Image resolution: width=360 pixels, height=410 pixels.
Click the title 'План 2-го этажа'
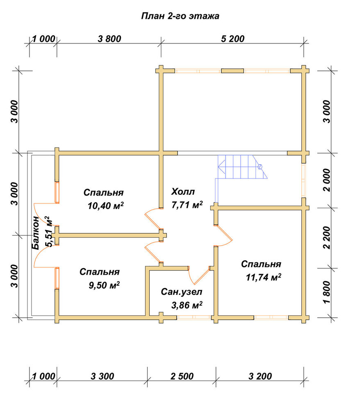(180, 16)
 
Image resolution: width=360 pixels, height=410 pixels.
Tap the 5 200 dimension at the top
(232, 39)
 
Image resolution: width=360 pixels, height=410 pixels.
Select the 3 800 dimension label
(109, 39)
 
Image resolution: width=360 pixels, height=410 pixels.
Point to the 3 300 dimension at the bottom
(103, 376)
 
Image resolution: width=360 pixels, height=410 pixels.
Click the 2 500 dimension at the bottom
(182, 376)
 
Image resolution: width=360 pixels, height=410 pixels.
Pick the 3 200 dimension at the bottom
(260, 376)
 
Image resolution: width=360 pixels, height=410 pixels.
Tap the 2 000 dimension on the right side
(327, 180)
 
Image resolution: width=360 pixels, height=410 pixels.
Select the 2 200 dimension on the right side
(327, 237)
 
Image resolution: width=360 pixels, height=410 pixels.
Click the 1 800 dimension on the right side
(327, 292)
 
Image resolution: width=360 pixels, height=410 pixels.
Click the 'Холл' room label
(183, 191)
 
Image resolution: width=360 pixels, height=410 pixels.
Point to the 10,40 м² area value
(106, 206)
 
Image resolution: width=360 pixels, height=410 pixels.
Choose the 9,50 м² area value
(104, 285)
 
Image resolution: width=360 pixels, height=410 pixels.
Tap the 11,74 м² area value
(264, 277)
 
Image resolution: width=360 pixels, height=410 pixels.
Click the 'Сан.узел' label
(182, 292)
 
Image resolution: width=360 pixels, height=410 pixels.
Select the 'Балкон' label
(35, 233)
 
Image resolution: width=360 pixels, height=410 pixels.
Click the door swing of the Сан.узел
(199, 276)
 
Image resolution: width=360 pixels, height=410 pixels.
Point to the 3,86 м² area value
(187, 305)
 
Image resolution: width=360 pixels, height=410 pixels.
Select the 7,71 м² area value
(187, 205)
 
